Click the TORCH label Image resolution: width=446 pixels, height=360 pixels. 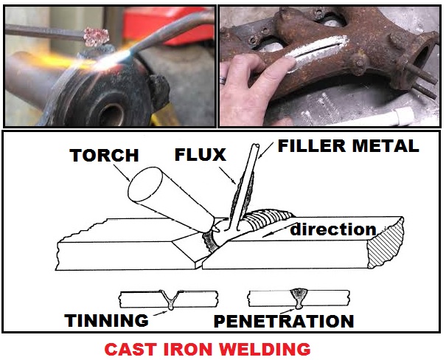104,156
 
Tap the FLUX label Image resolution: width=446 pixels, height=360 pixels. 201,155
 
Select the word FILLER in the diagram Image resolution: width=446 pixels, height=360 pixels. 312,146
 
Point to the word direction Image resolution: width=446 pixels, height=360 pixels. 333,229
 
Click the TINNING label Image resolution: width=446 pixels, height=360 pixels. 106,320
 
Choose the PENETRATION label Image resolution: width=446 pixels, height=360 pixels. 284,322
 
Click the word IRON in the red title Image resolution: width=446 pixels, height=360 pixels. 189,349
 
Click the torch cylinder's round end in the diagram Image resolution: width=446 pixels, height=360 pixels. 145,184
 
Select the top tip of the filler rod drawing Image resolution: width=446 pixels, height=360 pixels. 256,145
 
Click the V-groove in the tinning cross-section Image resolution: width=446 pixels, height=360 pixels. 170,300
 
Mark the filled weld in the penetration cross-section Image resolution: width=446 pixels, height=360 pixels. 298,298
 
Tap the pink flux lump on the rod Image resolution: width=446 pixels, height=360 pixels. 97,37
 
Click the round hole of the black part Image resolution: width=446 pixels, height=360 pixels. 111,114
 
